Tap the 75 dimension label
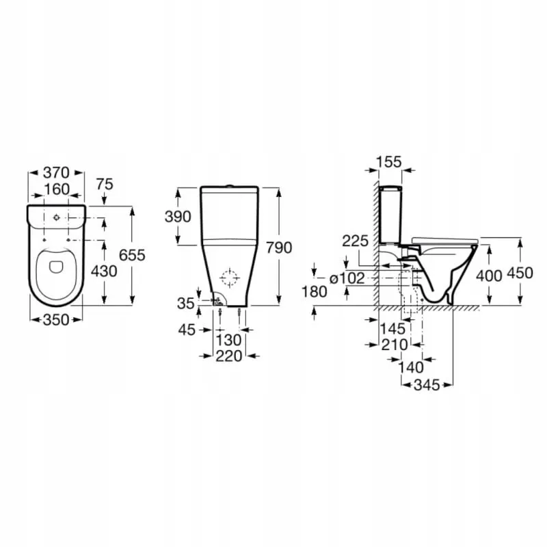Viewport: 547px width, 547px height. tap(104, 183)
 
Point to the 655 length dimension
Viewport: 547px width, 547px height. tap(132, 254)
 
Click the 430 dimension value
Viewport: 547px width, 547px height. tap(104, 271)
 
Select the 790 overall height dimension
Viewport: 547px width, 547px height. tap(280, 247)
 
